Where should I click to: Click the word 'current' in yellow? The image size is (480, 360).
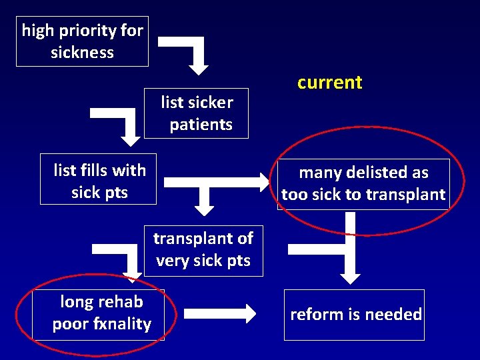(x=329, y=83)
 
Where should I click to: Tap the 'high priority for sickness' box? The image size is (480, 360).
(x=82, y=41)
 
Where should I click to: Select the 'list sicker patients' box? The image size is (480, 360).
(x=196, y=113)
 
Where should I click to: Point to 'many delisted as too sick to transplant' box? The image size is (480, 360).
(x=363, y=184)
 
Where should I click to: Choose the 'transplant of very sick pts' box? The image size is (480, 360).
(x=203, y=249)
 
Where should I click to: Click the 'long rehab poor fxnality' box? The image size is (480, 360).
(x=101, y=313)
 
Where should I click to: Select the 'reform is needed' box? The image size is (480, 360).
(x=355, y=315)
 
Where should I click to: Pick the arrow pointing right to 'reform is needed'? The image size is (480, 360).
(x=220, y=313)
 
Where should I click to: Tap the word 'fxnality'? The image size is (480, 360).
(x=124, y=324)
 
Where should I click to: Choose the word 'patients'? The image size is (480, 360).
(x=201, y=125)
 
